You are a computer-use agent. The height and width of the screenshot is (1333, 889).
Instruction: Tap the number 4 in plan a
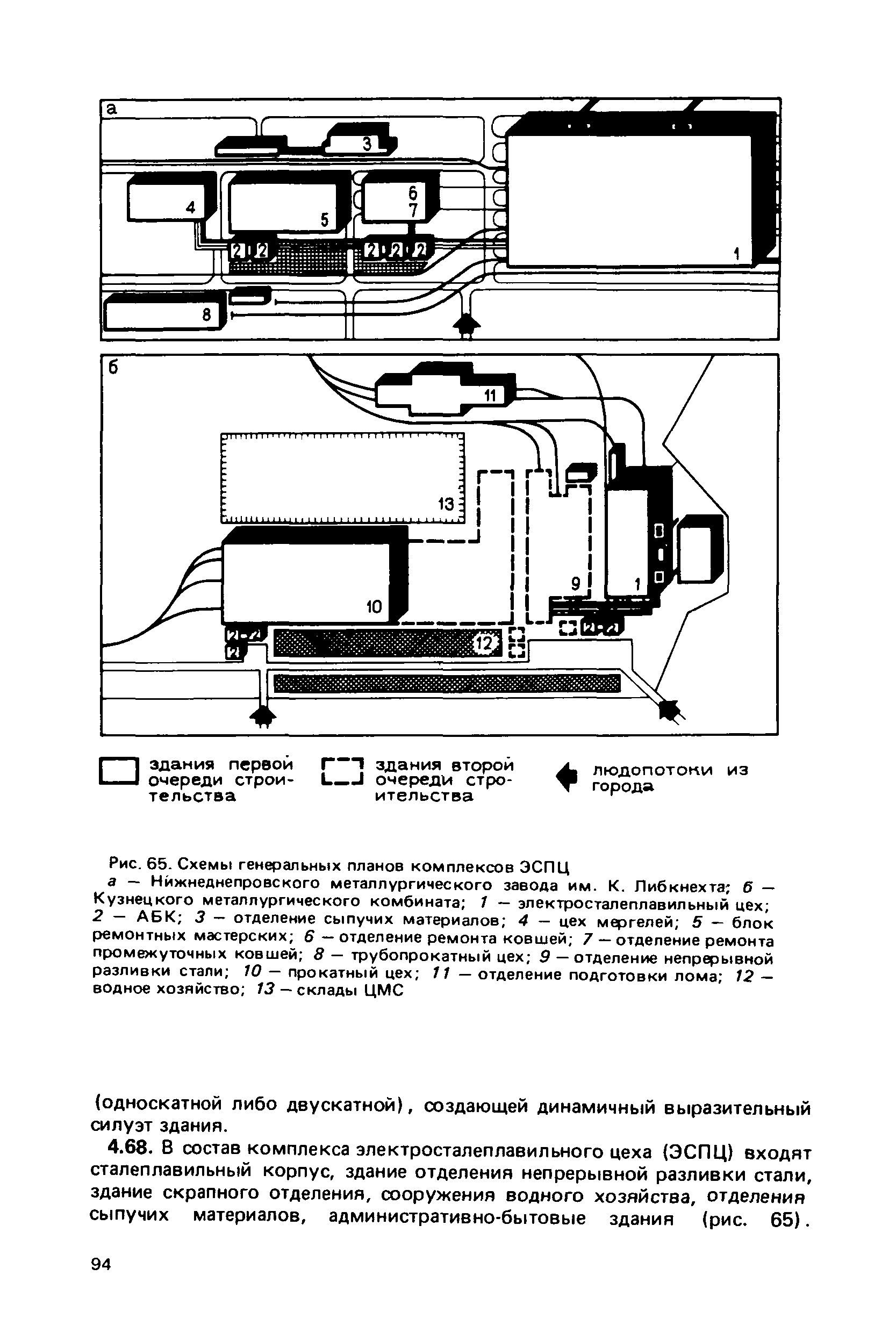(191, 207)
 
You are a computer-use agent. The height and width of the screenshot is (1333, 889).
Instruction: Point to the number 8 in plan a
(207, 314)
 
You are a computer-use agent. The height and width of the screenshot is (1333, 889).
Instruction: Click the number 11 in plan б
(490, 396)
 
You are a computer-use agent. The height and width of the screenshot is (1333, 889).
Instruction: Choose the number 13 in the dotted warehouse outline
(447, 503)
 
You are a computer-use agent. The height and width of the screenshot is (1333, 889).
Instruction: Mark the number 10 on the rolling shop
(374, 607)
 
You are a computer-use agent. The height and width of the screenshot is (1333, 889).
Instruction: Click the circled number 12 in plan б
(485, 643)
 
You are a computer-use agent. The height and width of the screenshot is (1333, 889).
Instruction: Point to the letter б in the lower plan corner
(113, 368)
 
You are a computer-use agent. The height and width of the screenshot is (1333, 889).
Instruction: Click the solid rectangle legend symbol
(119, 771)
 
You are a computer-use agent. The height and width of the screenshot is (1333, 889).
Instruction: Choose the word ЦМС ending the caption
(384, 991)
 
